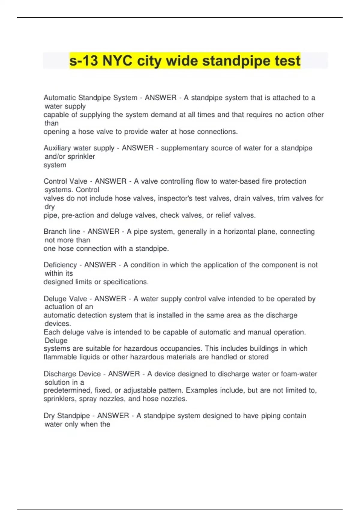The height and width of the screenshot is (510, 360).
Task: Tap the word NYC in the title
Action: (117, 61)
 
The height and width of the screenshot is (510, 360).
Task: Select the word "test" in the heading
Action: (287, 61)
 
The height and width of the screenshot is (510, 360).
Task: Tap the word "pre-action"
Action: (78, 215)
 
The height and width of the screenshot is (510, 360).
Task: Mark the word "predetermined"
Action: (67, 391)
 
